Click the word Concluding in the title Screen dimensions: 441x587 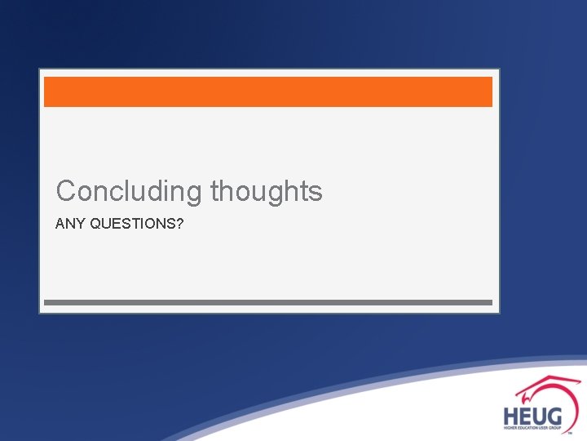[130, 192]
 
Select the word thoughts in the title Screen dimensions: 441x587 [267, 192]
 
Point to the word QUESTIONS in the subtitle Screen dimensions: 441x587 [131, 222]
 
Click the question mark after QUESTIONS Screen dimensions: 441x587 [179, 222]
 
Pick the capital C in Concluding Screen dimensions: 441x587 [66, 192]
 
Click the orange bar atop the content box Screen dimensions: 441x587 [267, 91]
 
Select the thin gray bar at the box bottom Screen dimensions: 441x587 [267, 302]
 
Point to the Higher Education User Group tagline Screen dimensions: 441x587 [533, 428]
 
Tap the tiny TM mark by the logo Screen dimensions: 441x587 [580, 434]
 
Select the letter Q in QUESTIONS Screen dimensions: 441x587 [95, 222]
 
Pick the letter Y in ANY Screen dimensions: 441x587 [81, 222]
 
